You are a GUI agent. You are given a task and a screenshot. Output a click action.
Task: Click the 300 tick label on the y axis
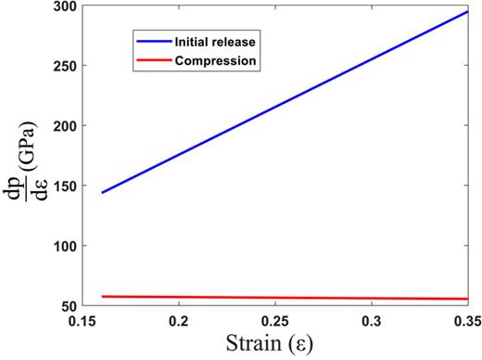[x=63, y=7]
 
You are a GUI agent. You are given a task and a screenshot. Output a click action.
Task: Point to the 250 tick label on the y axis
[x=63, y=66]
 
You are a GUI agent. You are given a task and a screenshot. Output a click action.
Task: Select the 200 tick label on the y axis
[x=63, y=125]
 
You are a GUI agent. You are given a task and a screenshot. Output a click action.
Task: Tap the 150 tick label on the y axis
[x=63, y=186]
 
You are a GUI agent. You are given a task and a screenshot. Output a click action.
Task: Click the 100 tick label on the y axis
[x=63, y=245]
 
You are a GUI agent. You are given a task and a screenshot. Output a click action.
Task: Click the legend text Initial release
[x=212, y=43]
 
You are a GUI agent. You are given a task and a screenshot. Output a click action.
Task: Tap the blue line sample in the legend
[x=152, y=43]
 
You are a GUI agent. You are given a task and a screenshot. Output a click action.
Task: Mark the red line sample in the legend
[x=152, y=61]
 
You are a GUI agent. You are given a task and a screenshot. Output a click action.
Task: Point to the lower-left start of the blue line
[x=102, y=192]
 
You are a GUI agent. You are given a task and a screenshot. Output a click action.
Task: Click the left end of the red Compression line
[x=102, y=296]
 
